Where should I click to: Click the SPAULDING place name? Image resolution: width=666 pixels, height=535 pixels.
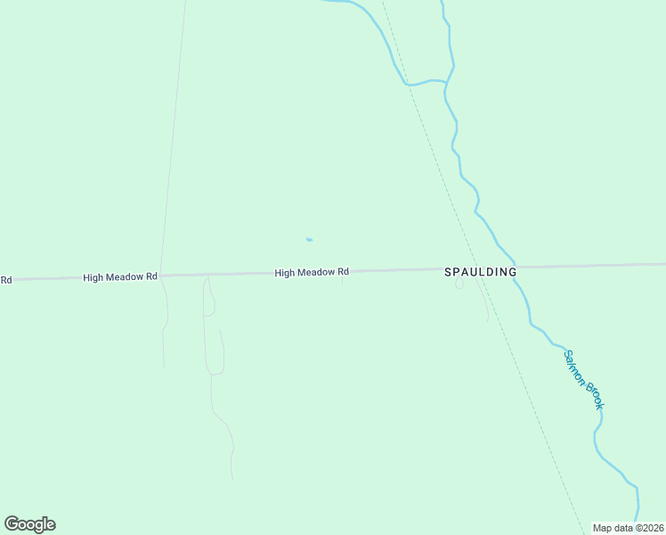(480, 272)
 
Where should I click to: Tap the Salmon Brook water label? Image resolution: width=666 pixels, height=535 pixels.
(583, 379)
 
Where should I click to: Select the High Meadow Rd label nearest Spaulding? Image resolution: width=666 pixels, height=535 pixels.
(312, 273)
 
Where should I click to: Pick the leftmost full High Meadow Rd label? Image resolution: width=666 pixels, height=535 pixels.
(120, 277)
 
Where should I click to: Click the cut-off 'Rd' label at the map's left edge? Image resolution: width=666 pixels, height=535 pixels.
(5, 280)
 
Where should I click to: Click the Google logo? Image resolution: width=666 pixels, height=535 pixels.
(30, 524)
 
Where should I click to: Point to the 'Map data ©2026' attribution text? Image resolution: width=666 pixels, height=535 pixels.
(628, 528)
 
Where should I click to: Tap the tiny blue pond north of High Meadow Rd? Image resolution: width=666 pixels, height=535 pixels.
(309, 239)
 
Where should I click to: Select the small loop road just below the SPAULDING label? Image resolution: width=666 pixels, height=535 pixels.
(459, 284)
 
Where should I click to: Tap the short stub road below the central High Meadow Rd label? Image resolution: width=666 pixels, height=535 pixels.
(343, 281)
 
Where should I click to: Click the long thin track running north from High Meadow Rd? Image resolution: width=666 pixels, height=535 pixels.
(174, 134)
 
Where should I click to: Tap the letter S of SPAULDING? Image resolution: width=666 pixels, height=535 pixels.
(449, 272)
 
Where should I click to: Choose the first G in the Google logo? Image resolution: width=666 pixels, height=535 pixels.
(12, 524)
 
